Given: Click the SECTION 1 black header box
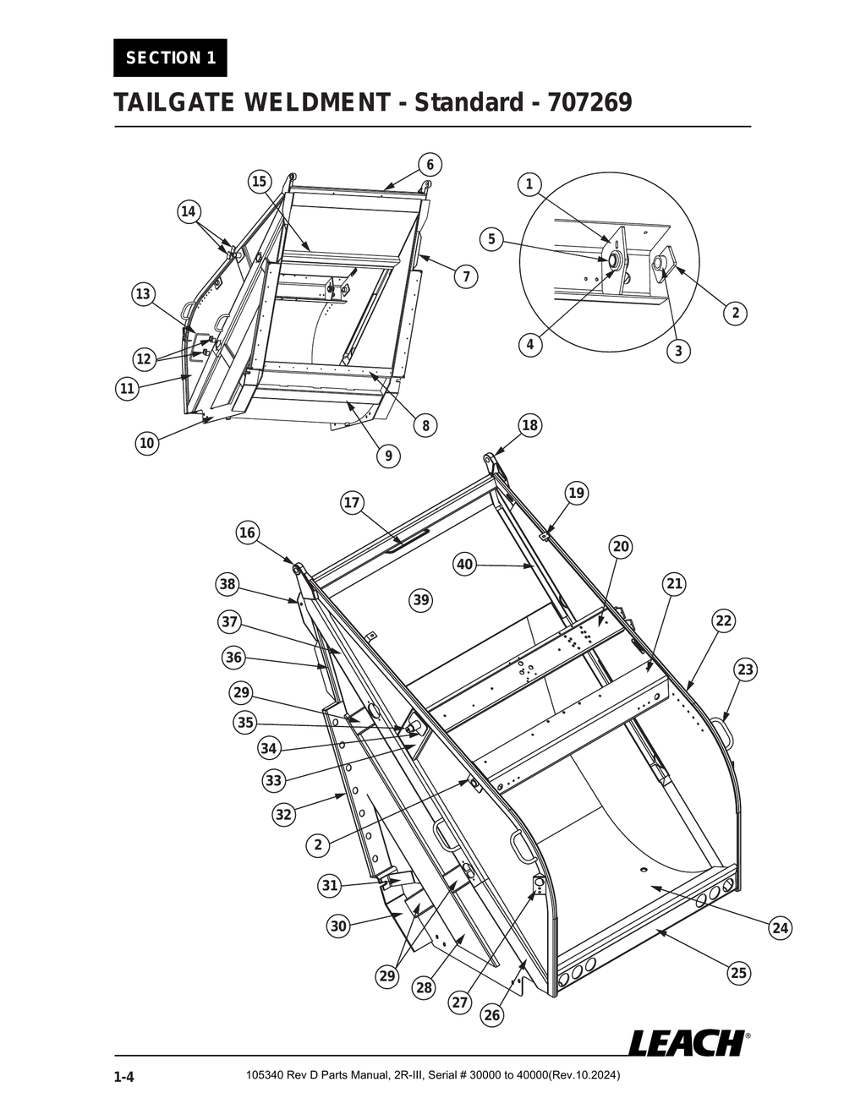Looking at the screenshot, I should click(x=170, y=57).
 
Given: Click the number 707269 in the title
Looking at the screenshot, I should click(x=589, y=103).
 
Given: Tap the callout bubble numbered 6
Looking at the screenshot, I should click(x=430, y=165).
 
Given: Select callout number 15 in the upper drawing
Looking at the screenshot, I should click(x=259, y=181).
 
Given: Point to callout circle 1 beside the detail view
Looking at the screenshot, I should click(x=529, y=184).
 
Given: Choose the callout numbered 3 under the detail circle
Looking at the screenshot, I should click(x=678, y=351).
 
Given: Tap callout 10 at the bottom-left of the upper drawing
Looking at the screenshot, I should click(x=147, y=442).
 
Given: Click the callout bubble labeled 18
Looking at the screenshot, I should click(x=529, y=425).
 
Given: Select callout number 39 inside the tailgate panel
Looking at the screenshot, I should click(x=420, y=600).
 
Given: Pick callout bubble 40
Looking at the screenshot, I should click(x=465, y=564).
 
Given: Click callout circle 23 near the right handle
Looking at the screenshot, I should click(x=744, y=669).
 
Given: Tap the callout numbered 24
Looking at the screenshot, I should click(x=781, y=928).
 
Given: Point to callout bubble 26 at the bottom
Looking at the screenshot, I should click(x=492, y=1014).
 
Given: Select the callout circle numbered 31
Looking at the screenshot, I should click(x=330, y=885).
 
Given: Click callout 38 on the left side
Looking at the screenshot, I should click(x=227, y=584).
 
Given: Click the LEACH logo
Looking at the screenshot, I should click(x=686, y=1042).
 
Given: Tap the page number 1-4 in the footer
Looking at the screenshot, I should click(x=124, y=1077).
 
